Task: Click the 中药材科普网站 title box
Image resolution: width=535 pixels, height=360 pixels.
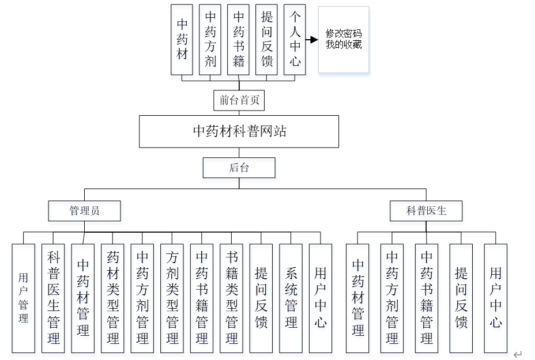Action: [239, 131]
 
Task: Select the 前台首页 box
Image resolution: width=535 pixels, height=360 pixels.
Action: [239, 100]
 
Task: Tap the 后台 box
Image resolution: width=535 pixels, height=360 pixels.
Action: [239, 168]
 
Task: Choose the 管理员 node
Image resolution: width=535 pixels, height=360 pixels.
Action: [85, 211]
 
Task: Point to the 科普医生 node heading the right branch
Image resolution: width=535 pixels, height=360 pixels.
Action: [426, 211]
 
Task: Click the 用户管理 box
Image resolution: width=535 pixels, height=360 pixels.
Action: [24, 298]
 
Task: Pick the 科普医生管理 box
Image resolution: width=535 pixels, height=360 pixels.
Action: [54, 298]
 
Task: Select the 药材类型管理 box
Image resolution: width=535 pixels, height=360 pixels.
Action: [113, 298]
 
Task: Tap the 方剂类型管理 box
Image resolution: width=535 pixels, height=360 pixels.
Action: [172, 298]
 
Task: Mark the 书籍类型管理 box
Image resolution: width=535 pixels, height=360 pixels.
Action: [232, 298]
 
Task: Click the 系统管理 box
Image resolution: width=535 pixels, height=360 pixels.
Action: [291, 298]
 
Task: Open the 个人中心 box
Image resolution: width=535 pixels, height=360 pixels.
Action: [295, 40]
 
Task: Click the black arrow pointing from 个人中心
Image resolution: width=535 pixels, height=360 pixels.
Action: [312, 40]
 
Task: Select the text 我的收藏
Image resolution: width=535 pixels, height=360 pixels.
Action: [344, 44]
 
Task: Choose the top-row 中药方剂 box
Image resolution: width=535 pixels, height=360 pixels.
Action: [210, 40]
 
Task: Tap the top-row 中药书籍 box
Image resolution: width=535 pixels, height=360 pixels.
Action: [239, 40]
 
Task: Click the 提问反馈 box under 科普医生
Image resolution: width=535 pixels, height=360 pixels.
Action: [461, 298]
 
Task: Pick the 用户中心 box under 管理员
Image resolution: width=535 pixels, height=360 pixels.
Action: [321, 298]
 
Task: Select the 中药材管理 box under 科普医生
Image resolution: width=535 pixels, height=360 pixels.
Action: [357, 298]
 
